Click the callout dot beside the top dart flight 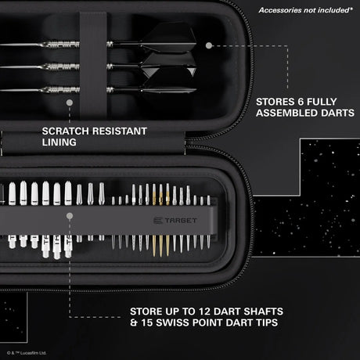200,45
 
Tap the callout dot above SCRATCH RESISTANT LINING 70,102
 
